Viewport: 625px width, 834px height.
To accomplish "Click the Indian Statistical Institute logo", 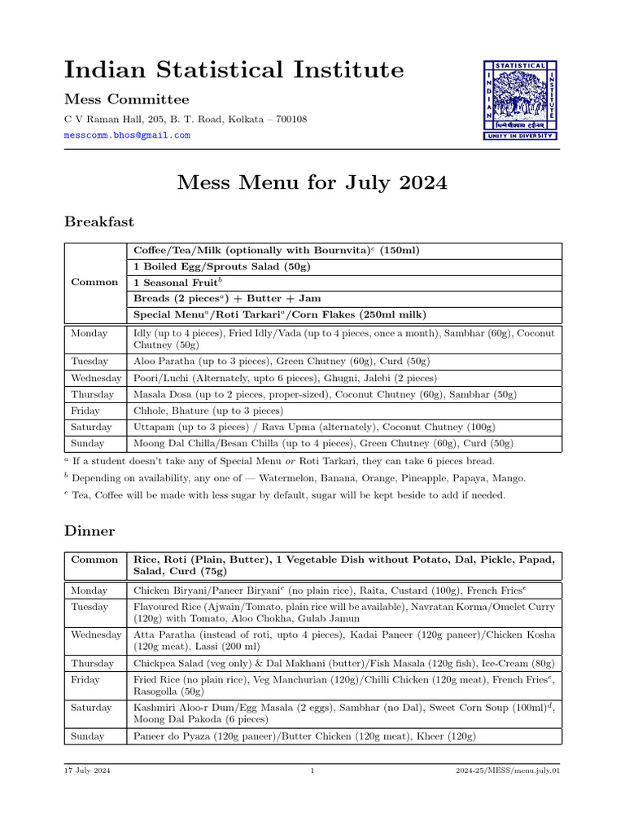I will (521, 99).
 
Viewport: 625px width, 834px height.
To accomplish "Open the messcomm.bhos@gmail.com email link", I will (127, 135).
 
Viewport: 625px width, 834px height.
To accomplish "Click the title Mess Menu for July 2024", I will (312, 182).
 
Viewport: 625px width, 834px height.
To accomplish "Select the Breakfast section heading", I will (99, 222).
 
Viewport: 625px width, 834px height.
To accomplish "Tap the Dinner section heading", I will (90, 531).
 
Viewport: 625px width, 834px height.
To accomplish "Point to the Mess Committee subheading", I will (126, 99).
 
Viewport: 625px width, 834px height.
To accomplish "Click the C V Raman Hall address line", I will (186, 119).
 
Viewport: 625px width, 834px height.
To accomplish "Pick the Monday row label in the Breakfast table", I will (89, 333).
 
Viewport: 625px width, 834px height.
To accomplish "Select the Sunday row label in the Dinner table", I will (88, 736).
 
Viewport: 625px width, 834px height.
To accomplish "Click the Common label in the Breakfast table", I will (94, 283).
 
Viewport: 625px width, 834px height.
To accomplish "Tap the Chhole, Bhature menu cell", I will (208, 410).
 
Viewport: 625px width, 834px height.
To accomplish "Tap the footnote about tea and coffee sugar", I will (289, 495).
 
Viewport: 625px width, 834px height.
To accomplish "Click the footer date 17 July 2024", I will (88, 770).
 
